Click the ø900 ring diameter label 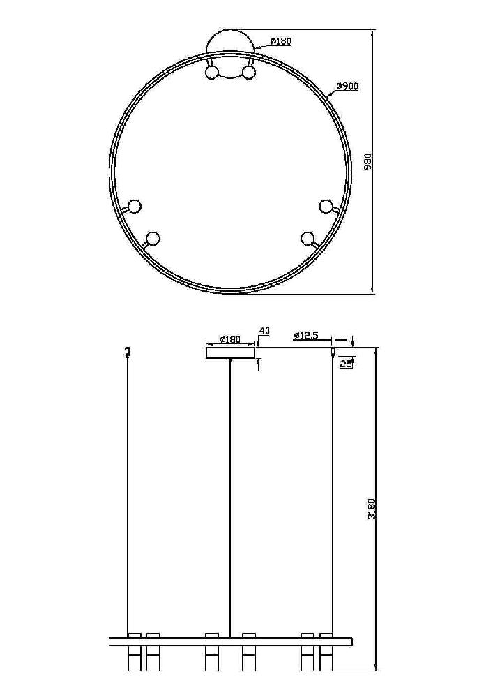coord(347,87)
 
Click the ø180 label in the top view coord(280,41)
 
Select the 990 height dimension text coord(367,162)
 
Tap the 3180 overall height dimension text coord(372,510)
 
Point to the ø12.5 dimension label coord(306,336)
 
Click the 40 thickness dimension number coord(264,331)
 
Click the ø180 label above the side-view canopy coord(230,339)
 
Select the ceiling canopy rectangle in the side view coord(230,352)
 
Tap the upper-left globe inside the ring coord(211,72)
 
